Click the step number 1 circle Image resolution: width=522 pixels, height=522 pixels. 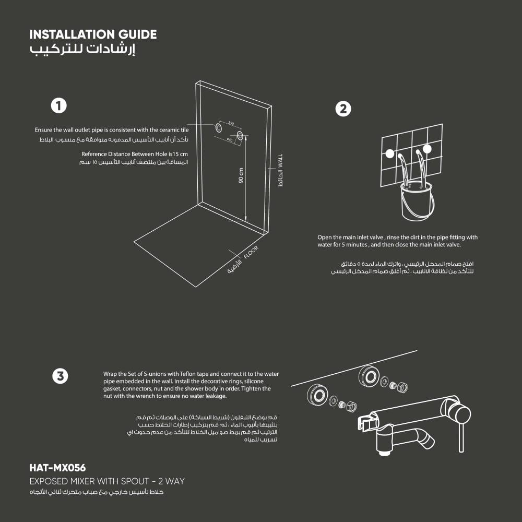(59, 105)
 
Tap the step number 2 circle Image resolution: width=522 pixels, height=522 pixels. (343, 109)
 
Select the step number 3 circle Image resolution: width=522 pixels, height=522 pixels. (60, 376)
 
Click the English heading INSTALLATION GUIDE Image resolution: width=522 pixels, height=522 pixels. (93, 34)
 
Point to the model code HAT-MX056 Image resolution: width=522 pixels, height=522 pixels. (57, 468)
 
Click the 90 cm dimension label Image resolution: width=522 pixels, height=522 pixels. (241, 175)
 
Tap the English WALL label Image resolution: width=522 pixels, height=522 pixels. (280, 161)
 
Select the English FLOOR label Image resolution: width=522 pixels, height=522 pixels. (251, 252)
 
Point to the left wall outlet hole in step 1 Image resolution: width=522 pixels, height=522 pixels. (219, 127)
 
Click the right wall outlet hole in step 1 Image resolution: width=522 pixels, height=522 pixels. (240, 136)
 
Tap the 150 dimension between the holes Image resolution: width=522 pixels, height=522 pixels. (231, 124)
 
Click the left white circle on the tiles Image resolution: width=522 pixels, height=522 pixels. (389, 153)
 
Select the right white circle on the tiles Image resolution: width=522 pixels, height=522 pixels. (427, 149)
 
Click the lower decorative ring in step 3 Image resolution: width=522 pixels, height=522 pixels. (317, 395)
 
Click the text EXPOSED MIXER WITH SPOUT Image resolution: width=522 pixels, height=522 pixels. (89, 481)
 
